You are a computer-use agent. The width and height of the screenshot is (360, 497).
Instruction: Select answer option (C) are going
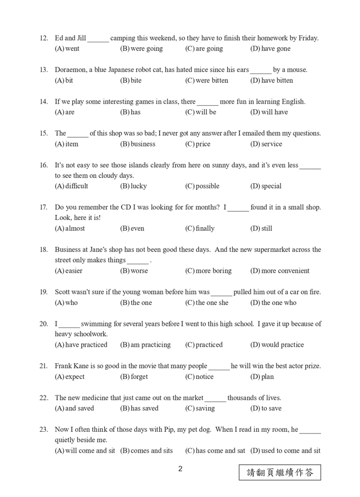(204, 49)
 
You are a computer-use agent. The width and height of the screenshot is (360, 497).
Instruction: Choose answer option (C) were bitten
(206, 81)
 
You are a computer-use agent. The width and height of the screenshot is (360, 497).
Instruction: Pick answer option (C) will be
(201, 112)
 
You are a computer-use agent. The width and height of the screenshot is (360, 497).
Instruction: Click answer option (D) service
(266, 144)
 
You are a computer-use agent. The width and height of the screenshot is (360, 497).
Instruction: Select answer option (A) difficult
(71, 186)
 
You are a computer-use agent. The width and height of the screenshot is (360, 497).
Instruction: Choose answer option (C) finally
(200, 228)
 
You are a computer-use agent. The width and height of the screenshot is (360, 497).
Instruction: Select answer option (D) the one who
(273, 303)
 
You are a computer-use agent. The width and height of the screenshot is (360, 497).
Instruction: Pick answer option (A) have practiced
(81, 345)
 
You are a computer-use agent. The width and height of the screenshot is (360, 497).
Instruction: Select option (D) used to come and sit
(285, 451)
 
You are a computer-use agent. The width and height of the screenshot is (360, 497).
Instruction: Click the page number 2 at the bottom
(180, 470)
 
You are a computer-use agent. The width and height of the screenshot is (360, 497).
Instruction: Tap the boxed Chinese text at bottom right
(280, 472)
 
